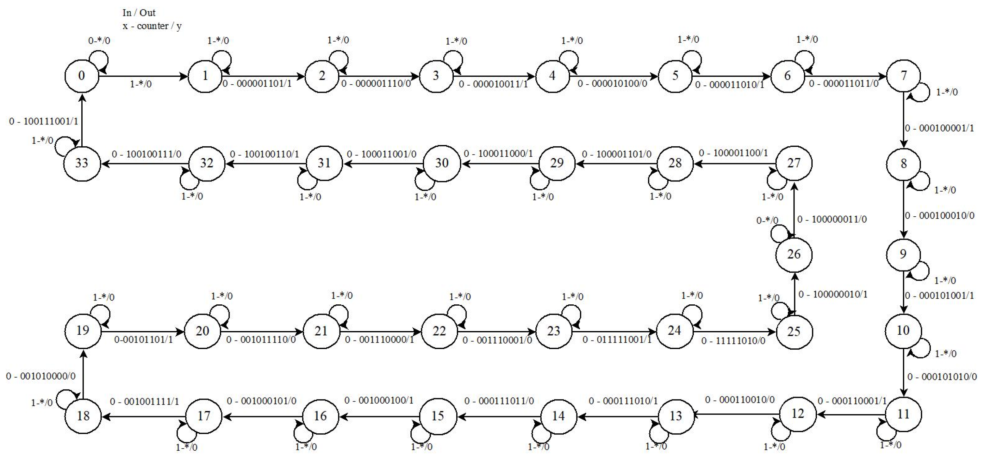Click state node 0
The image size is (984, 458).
pos(81,76)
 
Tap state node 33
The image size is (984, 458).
pos(81,163)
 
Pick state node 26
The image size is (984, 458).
pos(794,254)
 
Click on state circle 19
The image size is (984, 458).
pos(83,330)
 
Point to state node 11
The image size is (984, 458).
pos(903,414)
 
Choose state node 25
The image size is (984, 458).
pos(794,331)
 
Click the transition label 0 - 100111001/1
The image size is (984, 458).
pos(44,122)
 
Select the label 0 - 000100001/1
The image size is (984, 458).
pos(939,128)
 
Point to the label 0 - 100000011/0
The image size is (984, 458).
pos(832,219)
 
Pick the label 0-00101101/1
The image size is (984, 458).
pos(144,340)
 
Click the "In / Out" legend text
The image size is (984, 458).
pos(139,13)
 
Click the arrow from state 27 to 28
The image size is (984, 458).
pos(735,164)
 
